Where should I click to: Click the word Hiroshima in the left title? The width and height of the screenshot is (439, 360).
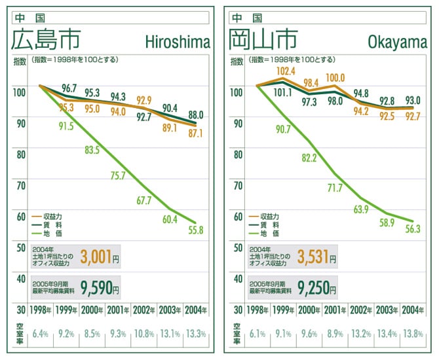pos(178,43)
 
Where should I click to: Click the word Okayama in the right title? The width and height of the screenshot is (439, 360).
pos(397,43)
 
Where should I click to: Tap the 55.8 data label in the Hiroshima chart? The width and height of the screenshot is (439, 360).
pos(196,230)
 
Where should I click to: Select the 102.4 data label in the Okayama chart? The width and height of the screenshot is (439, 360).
pos(286,71)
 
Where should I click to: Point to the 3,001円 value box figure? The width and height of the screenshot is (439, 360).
pos(100,257)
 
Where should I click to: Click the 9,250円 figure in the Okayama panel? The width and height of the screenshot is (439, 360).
pos(316,288)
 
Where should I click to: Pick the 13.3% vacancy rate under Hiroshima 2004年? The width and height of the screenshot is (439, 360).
pos(196,334)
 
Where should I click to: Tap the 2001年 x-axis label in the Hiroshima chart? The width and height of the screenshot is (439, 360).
pos(118,310)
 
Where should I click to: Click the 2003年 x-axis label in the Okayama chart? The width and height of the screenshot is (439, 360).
pos(387,310)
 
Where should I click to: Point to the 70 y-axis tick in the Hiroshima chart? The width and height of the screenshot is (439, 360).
pos(21,186)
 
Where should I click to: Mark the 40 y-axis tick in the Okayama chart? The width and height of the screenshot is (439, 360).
pos(238,279)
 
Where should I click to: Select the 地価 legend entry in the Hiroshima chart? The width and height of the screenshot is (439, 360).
pos(47,234)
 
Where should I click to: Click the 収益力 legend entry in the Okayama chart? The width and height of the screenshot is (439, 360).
pos(264,217)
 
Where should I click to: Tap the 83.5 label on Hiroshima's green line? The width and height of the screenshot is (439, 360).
pos(92,150)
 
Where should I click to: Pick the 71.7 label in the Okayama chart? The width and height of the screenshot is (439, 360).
pos(335,188)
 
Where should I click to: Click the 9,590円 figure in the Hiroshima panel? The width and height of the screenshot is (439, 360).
pos(100,288)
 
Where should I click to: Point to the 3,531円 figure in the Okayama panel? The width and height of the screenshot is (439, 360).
pos(316,257)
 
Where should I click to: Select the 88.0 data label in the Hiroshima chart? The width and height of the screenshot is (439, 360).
pos(196,115)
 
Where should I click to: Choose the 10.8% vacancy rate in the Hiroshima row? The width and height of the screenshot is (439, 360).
pos(144,334)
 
